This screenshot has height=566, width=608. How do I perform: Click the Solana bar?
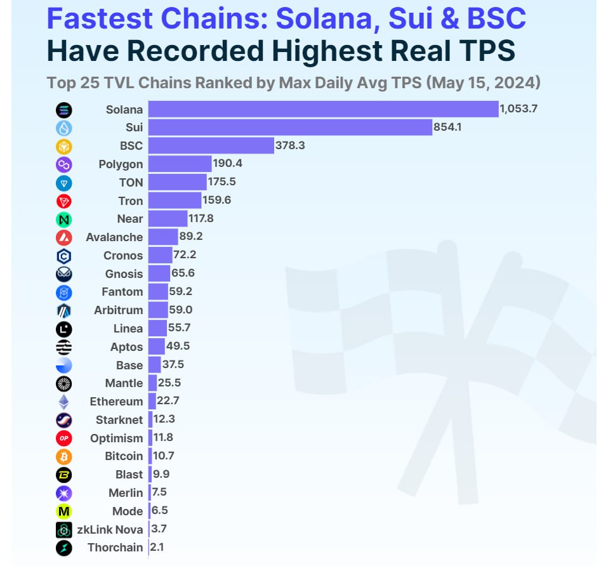click(x=323, y=109)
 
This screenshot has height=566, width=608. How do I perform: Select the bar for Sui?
click(x=290, y=128)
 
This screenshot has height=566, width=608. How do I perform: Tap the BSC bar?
click(x=211, y=146)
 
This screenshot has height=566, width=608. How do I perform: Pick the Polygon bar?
click(x=180, y=164)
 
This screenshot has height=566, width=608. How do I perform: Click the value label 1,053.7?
click(x=519, y=109)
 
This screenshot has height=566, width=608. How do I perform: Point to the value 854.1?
click(x=447, y=127)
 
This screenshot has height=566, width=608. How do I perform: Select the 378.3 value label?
click(x=290, y=145)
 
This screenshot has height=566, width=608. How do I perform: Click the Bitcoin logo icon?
click(x=64, y=456)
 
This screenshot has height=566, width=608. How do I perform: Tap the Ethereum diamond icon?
click(x=64, y=402)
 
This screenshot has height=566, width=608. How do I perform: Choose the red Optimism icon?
click(x=64, y=438)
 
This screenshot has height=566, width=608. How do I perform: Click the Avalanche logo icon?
click(x=64, y=238)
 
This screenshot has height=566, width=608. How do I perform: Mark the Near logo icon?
click(x=64, y=220)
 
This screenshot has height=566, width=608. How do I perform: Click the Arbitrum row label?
click(x=118, y=310)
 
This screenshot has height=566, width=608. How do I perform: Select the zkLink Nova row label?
click(x=110, y=529)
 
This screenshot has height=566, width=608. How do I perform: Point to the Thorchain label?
click(x=115, y=548)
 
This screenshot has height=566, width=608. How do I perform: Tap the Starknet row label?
click(x=119, y=420)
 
